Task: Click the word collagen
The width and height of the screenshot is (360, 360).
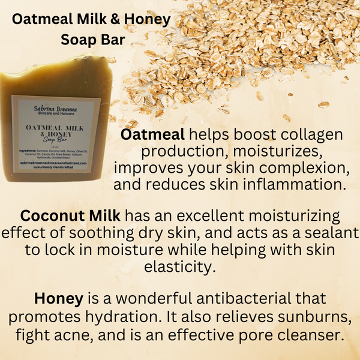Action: [x=318, y=134]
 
